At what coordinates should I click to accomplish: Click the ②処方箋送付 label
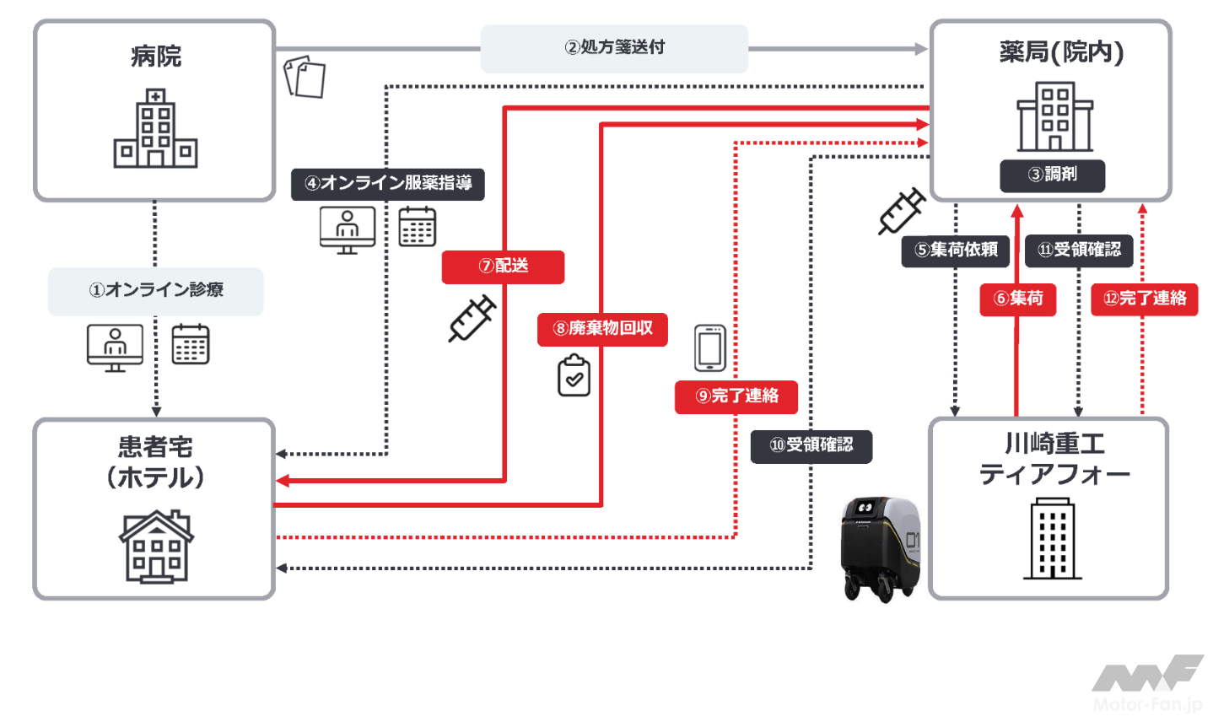(614, 48)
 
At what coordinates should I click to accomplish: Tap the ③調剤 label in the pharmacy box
(1052, 175)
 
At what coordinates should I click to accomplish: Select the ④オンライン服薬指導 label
(388, 184)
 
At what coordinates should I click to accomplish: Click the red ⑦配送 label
(503, 267)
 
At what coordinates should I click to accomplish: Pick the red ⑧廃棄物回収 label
(602, 329)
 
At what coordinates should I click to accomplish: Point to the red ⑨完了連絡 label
(736, 396)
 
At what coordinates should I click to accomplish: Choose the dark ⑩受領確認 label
(811, 445)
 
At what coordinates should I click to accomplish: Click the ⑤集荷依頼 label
(955, 251)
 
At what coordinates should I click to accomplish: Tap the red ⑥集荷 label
(1017, 299)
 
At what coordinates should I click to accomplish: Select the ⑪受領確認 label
(1078, 251)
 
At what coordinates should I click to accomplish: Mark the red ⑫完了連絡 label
(1144, 299)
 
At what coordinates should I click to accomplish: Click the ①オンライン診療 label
(156, 291)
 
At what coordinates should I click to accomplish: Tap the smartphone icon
(709, 348)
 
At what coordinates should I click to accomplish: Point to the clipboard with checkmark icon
(574, 375)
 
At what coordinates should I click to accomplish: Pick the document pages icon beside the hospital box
(305, 78)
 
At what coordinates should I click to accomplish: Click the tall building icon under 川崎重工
(1052, 538)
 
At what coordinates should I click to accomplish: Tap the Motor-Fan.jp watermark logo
(1147, 683)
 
